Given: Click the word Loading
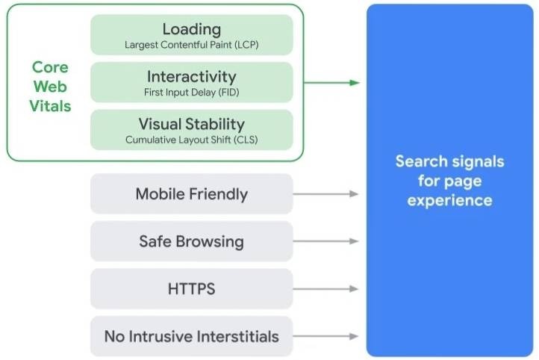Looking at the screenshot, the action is click(x=191, y=29).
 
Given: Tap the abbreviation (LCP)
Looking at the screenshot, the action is click(x=246, y=45).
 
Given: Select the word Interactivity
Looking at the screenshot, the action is click(x=191, y=76).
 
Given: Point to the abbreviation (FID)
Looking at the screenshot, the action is click(x=228, y=92).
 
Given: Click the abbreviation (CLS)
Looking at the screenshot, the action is click(x=246, y=140).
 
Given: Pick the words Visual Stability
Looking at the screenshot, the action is click(x=191, y=124).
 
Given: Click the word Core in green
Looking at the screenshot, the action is click(x=50, y=67).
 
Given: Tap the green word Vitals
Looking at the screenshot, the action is click(x=50, y=106).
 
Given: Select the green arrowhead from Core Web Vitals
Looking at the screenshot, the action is click(x=355, y=82).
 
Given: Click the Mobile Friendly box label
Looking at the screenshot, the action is click(x=191, y=194).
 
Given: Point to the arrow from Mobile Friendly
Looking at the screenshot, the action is click(x=326, y=194).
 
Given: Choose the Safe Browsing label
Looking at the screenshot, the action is click(x=191, y=241).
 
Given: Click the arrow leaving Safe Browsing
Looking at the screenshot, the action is click(x=326, y=241).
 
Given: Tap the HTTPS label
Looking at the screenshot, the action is click(x=191, y=289).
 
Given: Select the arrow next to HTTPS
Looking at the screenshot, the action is click(x=326, y=289).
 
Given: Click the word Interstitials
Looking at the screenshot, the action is click(x=238, y=336).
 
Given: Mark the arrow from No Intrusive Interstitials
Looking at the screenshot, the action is click(x=326, y=336).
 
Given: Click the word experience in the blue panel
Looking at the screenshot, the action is click(x=449, y=200).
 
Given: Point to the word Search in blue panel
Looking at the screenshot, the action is click(x=422, y=161).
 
